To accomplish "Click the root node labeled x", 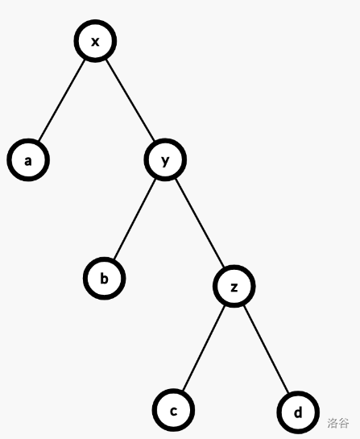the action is [x=95, y=41].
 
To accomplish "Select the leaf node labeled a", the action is [x=28, y=159].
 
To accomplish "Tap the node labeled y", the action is [x=165, y=159].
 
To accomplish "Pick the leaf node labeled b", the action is [x=104, y=278].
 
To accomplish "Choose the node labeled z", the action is [x=234, y=286].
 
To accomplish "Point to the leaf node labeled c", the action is [x=174, y=410].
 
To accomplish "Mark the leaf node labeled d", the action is [x=298, y=412].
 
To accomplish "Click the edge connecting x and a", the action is [x=61, y=101].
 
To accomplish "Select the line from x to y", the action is [x=130, y=100].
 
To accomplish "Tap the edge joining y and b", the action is [x=134, y=219].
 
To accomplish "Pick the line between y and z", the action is [x=200, y=223].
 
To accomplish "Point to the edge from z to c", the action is [x=204, y=348].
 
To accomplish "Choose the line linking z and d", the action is [x=266, y=349].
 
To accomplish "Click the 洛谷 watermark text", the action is [x=338, y=423].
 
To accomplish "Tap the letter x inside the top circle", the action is [x=95, y=42].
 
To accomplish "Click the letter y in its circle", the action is [x=165, y=161].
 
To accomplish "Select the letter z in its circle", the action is [x=234, y=288].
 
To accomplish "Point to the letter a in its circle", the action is [x=28, y=161].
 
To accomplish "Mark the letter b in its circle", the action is [x=104, y=278].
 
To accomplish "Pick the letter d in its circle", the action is [x=298, y=412].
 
